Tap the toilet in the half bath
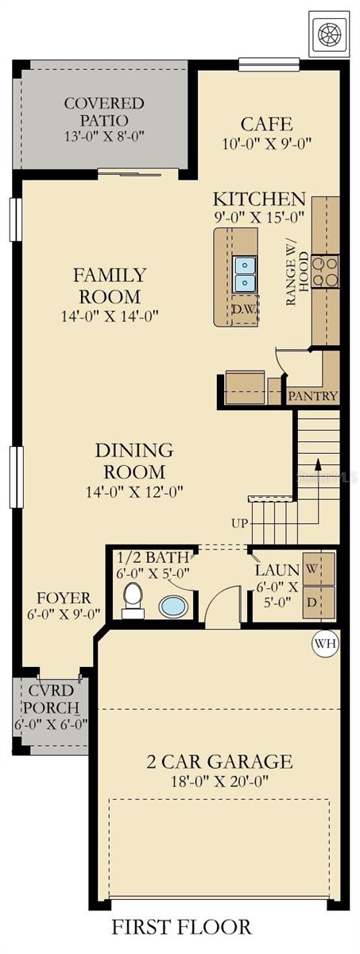(x=134, y=601)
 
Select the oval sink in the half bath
(x=174, y=607)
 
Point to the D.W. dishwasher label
(x=243, y=309)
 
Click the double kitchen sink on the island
(x=245, y=273)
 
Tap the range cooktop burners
(x=326, y=271)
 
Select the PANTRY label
(x=313, y=396)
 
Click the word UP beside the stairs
(x=240, y=523)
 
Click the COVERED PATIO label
(x=104, y=112)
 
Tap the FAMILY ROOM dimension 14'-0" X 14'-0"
(x=110, y=316)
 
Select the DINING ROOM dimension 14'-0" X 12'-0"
(x=134, y=491)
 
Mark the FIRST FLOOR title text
(x=182, y=927)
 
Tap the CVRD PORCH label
(x=50, y=699)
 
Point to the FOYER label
(x=64, y=597)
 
